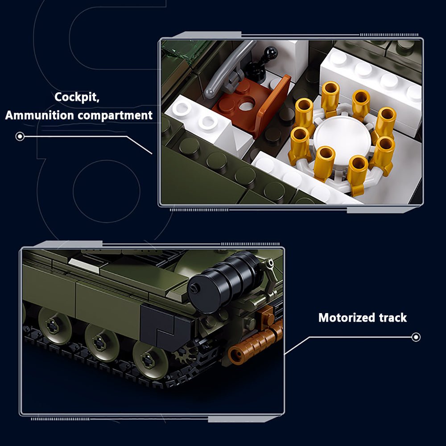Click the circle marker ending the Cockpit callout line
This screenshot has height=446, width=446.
(x=19, y=136)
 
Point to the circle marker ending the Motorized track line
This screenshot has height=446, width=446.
(x=416, y=337)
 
